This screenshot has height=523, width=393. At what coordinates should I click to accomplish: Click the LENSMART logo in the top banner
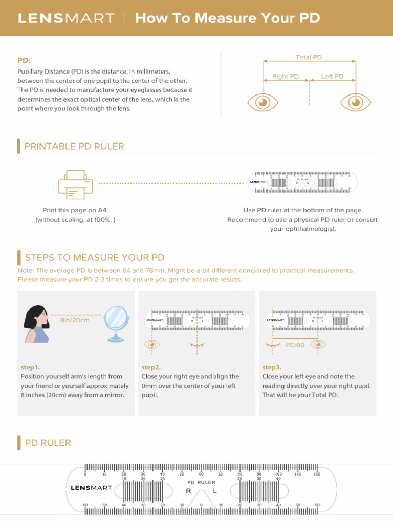(x=66, y=18)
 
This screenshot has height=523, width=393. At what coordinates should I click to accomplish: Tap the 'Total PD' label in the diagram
(x=309, y=57)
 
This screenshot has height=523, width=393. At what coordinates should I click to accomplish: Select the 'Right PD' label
(x=285, y=77)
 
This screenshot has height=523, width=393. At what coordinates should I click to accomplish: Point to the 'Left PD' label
(x=332, y=77)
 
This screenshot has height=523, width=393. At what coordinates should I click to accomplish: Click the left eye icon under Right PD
(x=263, y=102)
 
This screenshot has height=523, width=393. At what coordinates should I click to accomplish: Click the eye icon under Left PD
(x=356, y=102)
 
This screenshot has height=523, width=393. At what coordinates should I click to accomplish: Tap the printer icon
(x=76, y=184)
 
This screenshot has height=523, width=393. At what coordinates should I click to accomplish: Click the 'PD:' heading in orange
(x=25, y=60)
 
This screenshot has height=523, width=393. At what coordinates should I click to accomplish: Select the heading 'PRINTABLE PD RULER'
(x=74, y=147)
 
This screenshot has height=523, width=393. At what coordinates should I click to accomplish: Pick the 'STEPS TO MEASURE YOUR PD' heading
(x=95, y=258)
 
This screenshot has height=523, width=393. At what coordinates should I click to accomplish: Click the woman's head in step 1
(x=37, y=318)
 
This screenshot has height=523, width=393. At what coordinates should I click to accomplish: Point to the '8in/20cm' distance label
(x=75, y=320)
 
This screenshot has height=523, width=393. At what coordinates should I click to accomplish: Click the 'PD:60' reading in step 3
(x=295, y=345)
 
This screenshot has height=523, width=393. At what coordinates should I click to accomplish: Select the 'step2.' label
(x=151, y=367)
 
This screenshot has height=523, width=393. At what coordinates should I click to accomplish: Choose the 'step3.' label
(x=272, y=367)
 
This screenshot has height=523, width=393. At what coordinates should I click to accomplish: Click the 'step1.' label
(x=30, y=367)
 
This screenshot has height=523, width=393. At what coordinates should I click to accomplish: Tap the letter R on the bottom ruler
(x=188, y=491)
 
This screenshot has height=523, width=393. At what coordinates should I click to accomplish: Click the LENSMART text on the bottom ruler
(x=91, y=488)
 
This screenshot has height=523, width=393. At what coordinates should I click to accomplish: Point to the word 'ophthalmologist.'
(x=303, y=229)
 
